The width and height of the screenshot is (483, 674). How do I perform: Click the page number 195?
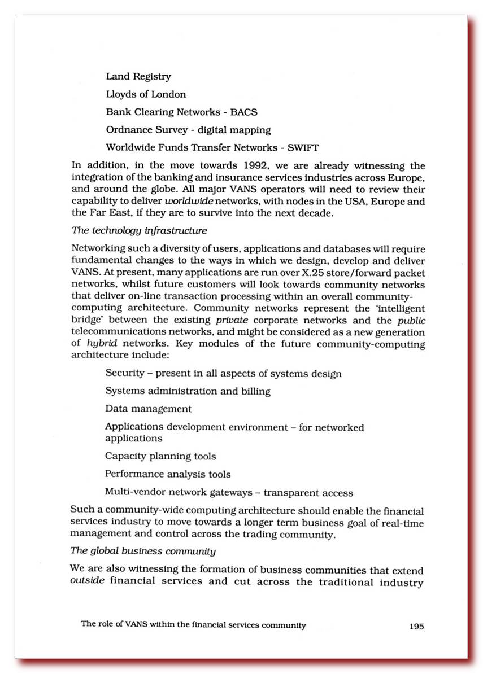(416, 625)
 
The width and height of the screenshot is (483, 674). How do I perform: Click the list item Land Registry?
(138, 76)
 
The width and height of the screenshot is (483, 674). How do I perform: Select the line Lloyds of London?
(146, 94)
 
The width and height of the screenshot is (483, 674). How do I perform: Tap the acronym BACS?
(244, 112)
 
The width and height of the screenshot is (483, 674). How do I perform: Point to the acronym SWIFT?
(303, 148)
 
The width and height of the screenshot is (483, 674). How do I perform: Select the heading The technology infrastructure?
(140, 230)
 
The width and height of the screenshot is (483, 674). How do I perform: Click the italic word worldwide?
(192, 202)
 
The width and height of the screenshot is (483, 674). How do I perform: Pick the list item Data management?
(149, 409)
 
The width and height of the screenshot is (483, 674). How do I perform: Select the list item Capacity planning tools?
(160, 456)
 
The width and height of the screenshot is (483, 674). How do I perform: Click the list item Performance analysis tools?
(168, 474)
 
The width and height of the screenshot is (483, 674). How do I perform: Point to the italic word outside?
(88, 581)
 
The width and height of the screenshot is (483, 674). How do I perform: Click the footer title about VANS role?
(193, 625)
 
